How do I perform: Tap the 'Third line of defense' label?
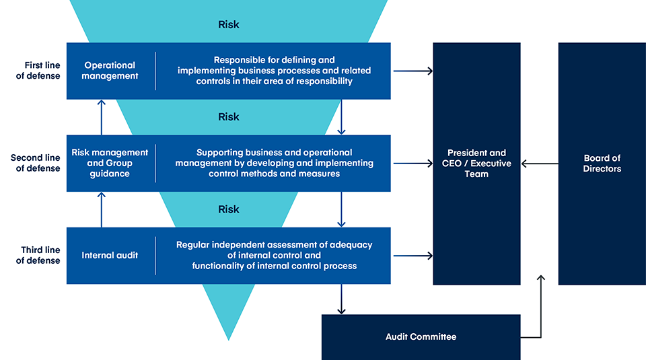click(x=38, y=255)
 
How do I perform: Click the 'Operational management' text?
click(x=110, y=71)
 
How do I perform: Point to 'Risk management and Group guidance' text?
click(x=110, y=163)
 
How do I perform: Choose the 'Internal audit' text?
click(x=110, y=256)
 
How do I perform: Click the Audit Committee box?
click(x=421, y=336)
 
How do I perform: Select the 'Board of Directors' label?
click(x=602, y=164)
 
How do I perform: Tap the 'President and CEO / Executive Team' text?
click(x=476, y=164)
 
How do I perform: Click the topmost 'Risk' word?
click(x=228, y=25)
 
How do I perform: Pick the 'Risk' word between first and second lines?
click(x=228, y=117)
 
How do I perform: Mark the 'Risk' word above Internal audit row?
click(x=228, y=209)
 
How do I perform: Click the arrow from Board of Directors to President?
click(x=540, y=164)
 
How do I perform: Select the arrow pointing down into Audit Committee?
click(x=341, y=299)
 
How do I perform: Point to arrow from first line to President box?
click(x=412, y=71)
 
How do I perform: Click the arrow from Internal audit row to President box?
click(x=412, y=256)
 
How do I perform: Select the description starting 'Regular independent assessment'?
click(x=274, y=256)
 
